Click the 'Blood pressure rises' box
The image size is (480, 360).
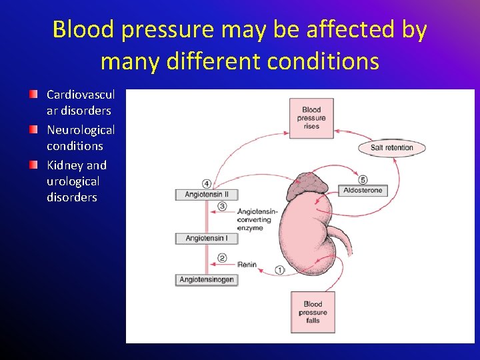click(311, 118)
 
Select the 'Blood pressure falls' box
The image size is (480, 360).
click(313, 312)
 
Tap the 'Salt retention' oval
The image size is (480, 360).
click(391, 147)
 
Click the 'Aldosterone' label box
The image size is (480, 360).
click(363, 191)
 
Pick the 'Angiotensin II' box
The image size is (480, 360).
click(207, 195)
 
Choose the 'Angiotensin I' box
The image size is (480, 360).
click(206, 238)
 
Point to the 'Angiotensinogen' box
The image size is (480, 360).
click(207, 280)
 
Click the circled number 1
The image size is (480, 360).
click(279, 270)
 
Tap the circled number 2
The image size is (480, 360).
click(223, 259)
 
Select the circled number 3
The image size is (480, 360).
click(223, 207)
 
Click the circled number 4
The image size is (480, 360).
click(207, 183)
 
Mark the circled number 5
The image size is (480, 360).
click(363, 179)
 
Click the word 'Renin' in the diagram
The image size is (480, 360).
click(247, 265)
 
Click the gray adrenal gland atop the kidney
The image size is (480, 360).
click(307, 186)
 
